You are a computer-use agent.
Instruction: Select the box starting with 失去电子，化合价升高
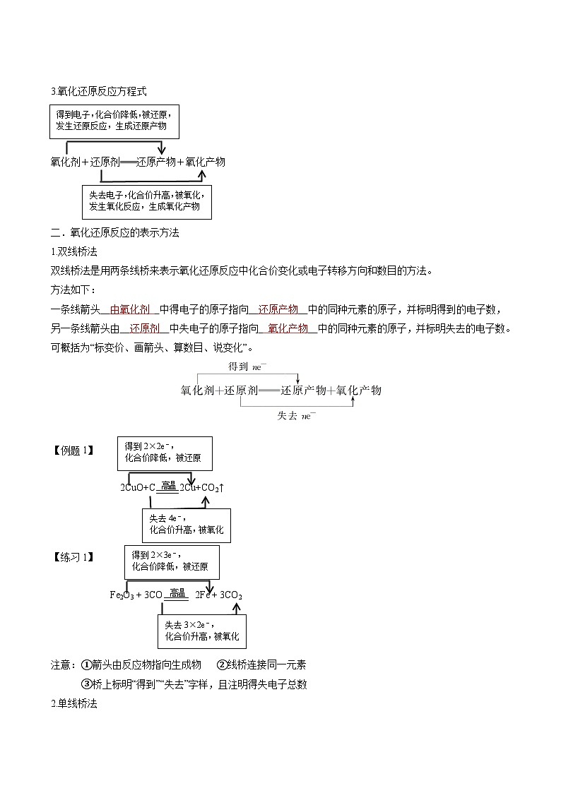[x=146, y=201]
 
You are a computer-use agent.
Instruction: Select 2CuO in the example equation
[x=131, y=488]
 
